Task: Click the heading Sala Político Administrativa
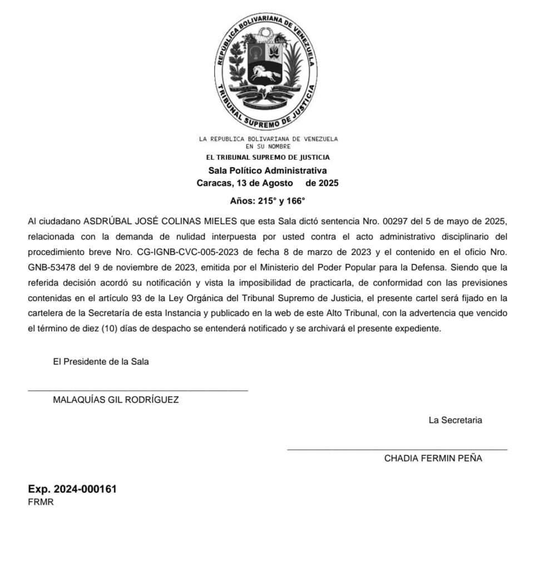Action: [268, 170]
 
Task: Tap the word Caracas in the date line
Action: [214, 183]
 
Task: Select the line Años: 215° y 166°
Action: [268, 201]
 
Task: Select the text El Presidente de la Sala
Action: [101, 361]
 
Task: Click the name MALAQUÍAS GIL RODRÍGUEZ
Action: [116, 400]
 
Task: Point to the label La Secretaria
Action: [455, 420]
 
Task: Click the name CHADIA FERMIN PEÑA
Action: [433, 459]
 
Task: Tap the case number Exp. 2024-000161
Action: [72, 489]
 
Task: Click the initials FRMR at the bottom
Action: [41, 502]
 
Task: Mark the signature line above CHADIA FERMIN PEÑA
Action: [397, 449]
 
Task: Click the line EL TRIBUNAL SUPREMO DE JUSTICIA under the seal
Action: [268, 158]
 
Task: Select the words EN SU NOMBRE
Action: [268, 146]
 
